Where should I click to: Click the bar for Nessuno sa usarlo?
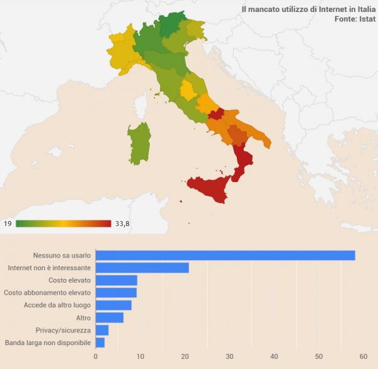[225, 255]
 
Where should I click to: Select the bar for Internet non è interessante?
[142, 268]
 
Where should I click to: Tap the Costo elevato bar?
[117, 280]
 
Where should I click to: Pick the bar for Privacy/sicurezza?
[102, 330]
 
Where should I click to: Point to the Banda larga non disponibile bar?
[100, 343]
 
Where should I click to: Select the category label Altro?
[83, 317]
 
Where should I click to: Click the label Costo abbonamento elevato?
[47, 293]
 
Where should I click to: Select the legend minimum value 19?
[8, 224]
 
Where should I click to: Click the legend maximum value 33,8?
[122, 224]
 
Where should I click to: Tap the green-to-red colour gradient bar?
[63, 224]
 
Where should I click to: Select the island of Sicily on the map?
[209, 188]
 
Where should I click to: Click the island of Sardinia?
[139, 142]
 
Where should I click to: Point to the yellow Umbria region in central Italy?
[188, 90]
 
